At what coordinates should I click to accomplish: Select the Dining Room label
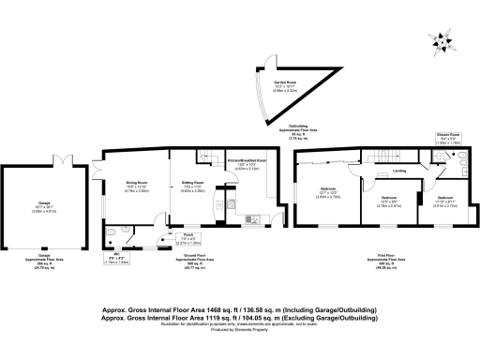(138, 185)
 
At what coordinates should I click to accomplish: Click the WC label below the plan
(113, 260)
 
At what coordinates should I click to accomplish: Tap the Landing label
(397, 172)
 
